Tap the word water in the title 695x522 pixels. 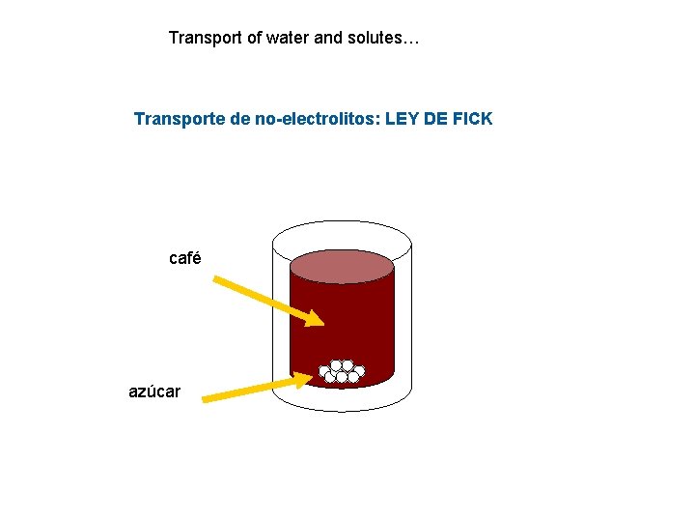(288, 39)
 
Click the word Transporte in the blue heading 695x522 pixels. (180, 119)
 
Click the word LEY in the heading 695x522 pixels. (400, 119)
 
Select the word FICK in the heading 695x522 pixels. (471, 119)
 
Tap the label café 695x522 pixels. (184, 258)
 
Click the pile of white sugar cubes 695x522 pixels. (342, 371)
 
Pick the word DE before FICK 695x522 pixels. (435, 119)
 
